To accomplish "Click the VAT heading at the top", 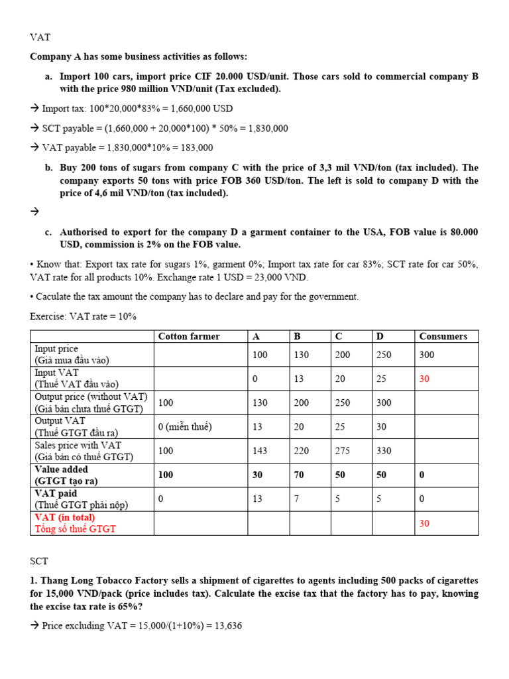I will tap(40, 37).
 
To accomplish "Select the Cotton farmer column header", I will tap(189, 336).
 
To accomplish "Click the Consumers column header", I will tap(443, 336).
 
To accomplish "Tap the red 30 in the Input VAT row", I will tap(425, 379).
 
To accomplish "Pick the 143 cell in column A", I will tap(260, 451).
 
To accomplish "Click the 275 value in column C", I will tap(343, 451).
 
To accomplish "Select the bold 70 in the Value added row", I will tap(301, 475).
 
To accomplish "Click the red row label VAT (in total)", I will tap(64, 517).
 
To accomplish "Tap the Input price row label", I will tap(56, 349).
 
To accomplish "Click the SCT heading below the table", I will tap(40, 561).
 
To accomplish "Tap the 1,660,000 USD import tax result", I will tap(196, 108).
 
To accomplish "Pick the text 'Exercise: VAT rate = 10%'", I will tap(83, 316).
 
